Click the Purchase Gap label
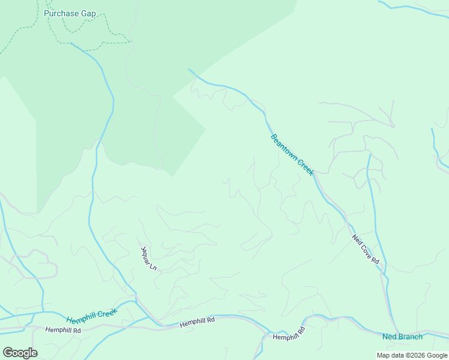tap(70, 13)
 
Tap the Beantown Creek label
tap(292, 154)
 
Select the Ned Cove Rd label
tap(366, 249)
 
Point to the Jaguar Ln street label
tap(148, 257)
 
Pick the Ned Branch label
tap(402, 337)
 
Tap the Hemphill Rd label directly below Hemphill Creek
tap(63, 329)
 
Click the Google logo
tap(20, 352)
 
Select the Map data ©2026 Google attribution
tap(411, 355)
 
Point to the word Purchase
tap(60, 13)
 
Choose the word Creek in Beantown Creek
tap(306, 167)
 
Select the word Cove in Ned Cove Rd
tap(367, 250)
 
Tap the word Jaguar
tap(146, 254)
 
